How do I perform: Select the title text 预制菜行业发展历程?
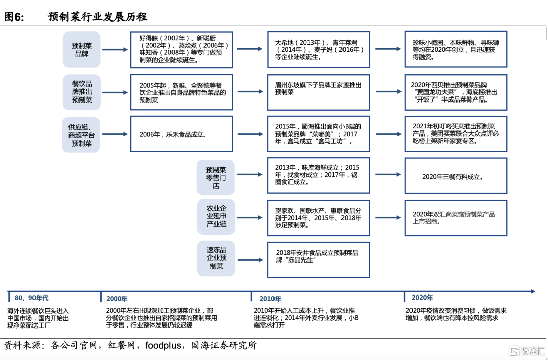coord(97,17)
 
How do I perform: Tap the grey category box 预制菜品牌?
coord(82,49)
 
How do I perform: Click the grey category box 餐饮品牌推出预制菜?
coord(82,92)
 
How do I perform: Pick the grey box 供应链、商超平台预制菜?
coord(81,135)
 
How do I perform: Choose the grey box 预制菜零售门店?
coord(216,177)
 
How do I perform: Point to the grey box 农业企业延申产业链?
coord(216,216)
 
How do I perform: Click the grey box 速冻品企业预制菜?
coord(216,258)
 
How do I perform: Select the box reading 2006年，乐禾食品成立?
coord(181,135)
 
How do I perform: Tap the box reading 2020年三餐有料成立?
coord(456,177)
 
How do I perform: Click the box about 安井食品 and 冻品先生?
coord(318,259)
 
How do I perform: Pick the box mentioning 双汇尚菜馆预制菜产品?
coord(456,218)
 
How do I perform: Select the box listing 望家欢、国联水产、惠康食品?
coord(318,217)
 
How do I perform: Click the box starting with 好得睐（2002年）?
coord(181,49)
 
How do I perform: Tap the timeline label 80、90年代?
coord(31,298)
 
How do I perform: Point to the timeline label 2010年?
coord(270,299)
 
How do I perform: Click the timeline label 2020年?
coord(422,298)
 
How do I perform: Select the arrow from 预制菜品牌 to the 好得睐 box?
coord(115,49)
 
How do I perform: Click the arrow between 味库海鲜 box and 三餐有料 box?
coord(388,177)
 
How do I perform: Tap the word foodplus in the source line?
coord(163,346)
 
